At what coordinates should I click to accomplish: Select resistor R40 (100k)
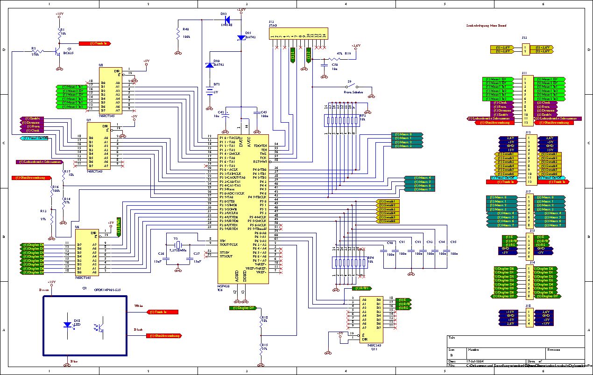tap(178, 34)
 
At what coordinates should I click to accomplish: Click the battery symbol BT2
tap(209, 88)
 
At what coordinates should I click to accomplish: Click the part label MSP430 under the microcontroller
tap(224, 285)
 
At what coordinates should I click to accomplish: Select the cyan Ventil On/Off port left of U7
tap(35, 138)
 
